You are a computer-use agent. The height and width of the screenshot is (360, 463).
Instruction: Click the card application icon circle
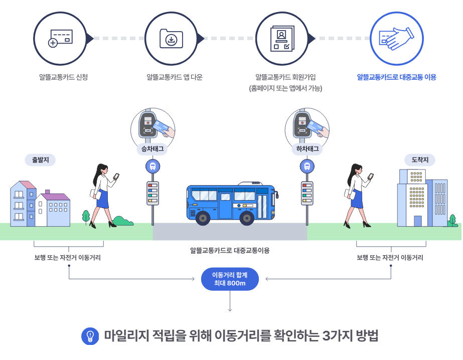(60, 39)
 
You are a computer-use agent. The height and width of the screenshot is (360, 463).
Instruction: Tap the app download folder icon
(171, 39)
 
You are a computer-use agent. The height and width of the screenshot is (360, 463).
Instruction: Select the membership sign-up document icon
(282, 39)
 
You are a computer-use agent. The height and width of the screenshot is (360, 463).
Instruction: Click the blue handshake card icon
(395, 39)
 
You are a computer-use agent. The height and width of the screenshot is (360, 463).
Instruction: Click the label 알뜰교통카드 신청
(63, 77)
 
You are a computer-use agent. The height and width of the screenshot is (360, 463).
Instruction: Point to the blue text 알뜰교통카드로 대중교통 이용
(396, 77)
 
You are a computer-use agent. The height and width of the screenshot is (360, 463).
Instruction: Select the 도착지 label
(420, 160)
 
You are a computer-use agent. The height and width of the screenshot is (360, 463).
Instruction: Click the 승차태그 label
(153, 149)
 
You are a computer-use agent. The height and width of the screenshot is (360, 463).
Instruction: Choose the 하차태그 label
(306, 149)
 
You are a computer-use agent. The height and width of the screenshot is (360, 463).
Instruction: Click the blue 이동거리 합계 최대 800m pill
(230, 279)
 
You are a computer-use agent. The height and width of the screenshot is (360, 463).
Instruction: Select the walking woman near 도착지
(358, 196)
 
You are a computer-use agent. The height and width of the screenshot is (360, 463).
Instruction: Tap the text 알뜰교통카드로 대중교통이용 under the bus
(230, 250)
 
